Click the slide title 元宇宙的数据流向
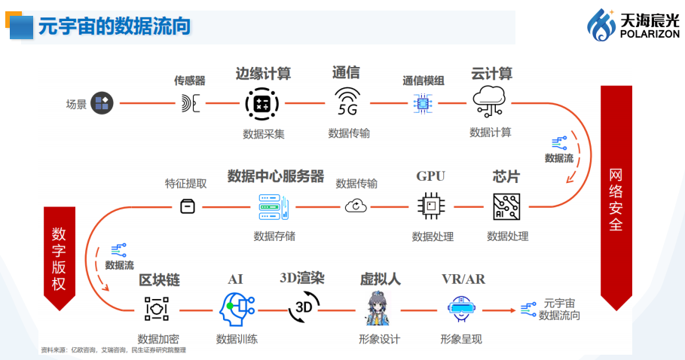coord(114,26)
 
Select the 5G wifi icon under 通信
coord(347,102)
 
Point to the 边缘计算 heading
coord(263,74)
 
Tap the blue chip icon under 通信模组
coord(422,103)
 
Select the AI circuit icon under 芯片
coord(507,206)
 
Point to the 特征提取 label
coord(185,183)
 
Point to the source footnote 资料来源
coord(113,349)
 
